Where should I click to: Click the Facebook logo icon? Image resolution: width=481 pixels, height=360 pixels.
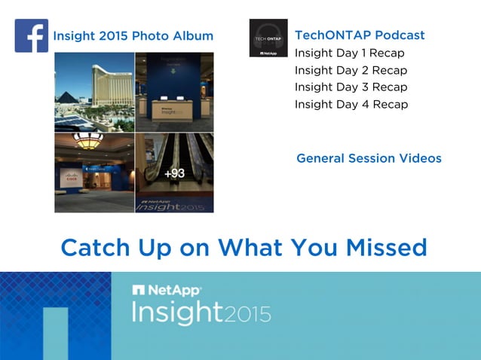[31, 35]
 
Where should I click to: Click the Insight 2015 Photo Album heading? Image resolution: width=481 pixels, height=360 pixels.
[133, 36]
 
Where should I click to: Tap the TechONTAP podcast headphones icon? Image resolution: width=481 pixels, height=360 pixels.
[268, 38]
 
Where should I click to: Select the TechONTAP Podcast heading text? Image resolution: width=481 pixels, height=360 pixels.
[359, 35]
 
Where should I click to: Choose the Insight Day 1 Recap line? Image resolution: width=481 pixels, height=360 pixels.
[349, 53]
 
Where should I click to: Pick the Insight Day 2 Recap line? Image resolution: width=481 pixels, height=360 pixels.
[351, 70]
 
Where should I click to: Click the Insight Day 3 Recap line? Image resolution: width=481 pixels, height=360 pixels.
[351, 87]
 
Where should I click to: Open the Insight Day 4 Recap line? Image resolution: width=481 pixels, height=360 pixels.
[351, 105]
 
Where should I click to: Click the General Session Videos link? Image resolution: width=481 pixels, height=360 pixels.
[369, 158]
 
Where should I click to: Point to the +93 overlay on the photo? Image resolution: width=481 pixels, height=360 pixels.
[174, 173]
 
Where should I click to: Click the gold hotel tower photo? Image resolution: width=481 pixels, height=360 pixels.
[94, 92]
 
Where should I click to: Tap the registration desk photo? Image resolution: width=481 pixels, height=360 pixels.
[174, 92]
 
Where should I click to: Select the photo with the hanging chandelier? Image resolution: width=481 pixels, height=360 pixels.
[94, 173]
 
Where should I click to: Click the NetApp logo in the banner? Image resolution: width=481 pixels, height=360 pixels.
[167, 290]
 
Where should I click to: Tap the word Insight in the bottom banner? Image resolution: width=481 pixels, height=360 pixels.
[176, 312]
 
